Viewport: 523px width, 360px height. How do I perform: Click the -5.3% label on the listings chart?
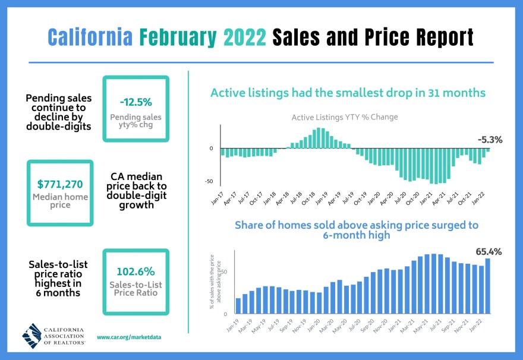490,140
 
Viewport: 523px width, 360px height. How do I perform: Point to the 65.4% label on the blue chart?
489,251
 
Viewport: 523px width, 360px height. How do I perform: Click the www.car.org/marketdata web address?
128,337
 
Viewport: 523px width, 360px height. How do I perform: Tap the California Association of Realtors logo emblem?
32,336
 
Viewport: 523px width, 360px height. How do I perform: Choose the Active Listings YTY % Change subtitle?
344,117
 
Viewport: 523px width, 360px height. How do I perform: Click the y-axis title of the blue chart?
215,284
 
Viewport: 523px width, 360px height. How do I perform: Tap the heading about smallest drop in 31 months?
348,93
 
